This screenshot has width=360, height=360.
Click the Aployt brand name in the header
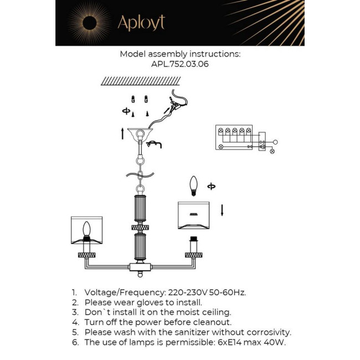(141, 23)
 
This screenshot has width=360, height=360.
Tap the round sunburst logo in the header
(89, 23)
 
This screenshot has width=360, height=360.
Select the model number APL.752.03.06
(180, 64)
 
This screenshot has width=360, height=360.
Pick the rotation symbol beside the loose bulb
(212, 186)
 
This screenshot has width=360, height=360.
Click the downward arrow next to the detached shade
(222, 210)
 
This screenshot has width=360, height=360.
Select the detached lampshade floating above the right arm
(194, 215)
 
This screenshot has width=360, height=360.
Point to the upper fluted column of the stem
(140, 209)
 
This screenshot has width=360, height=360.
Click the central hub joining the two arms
(140, 267)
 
